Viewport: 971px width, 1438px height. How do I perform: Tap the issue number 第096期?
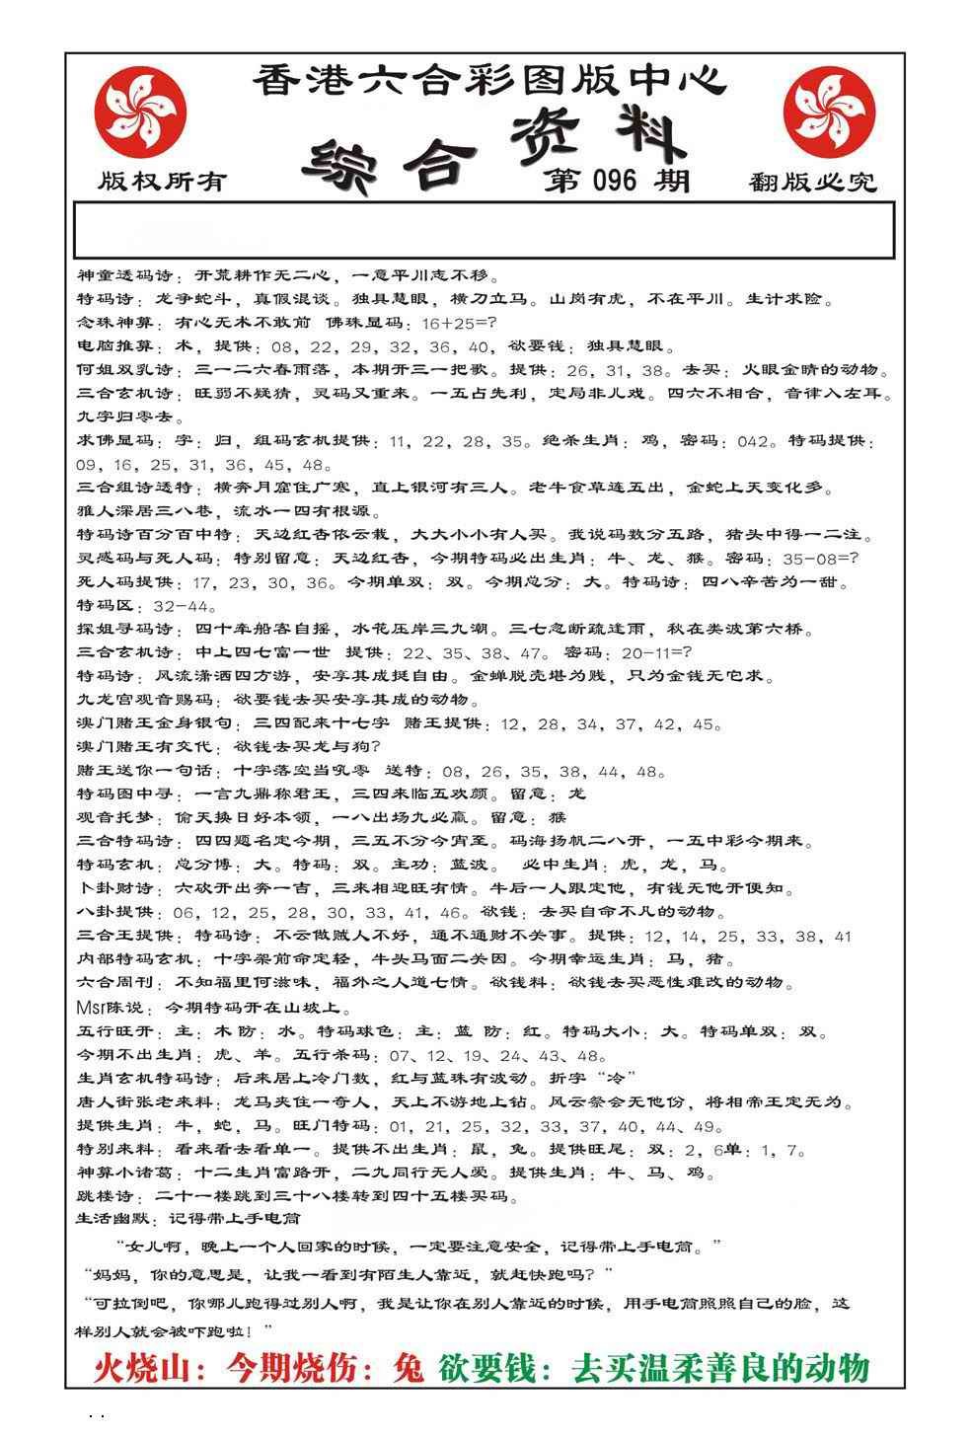(x=616, y=181)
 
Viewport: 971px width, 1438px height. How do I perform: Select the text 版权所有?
(x=162, y=182)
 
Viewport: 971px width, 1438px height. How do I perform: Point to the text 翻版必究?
(x=812, y=182)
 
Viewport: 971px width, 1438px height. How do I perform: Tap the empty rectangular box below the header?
(x=484, y=230)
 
